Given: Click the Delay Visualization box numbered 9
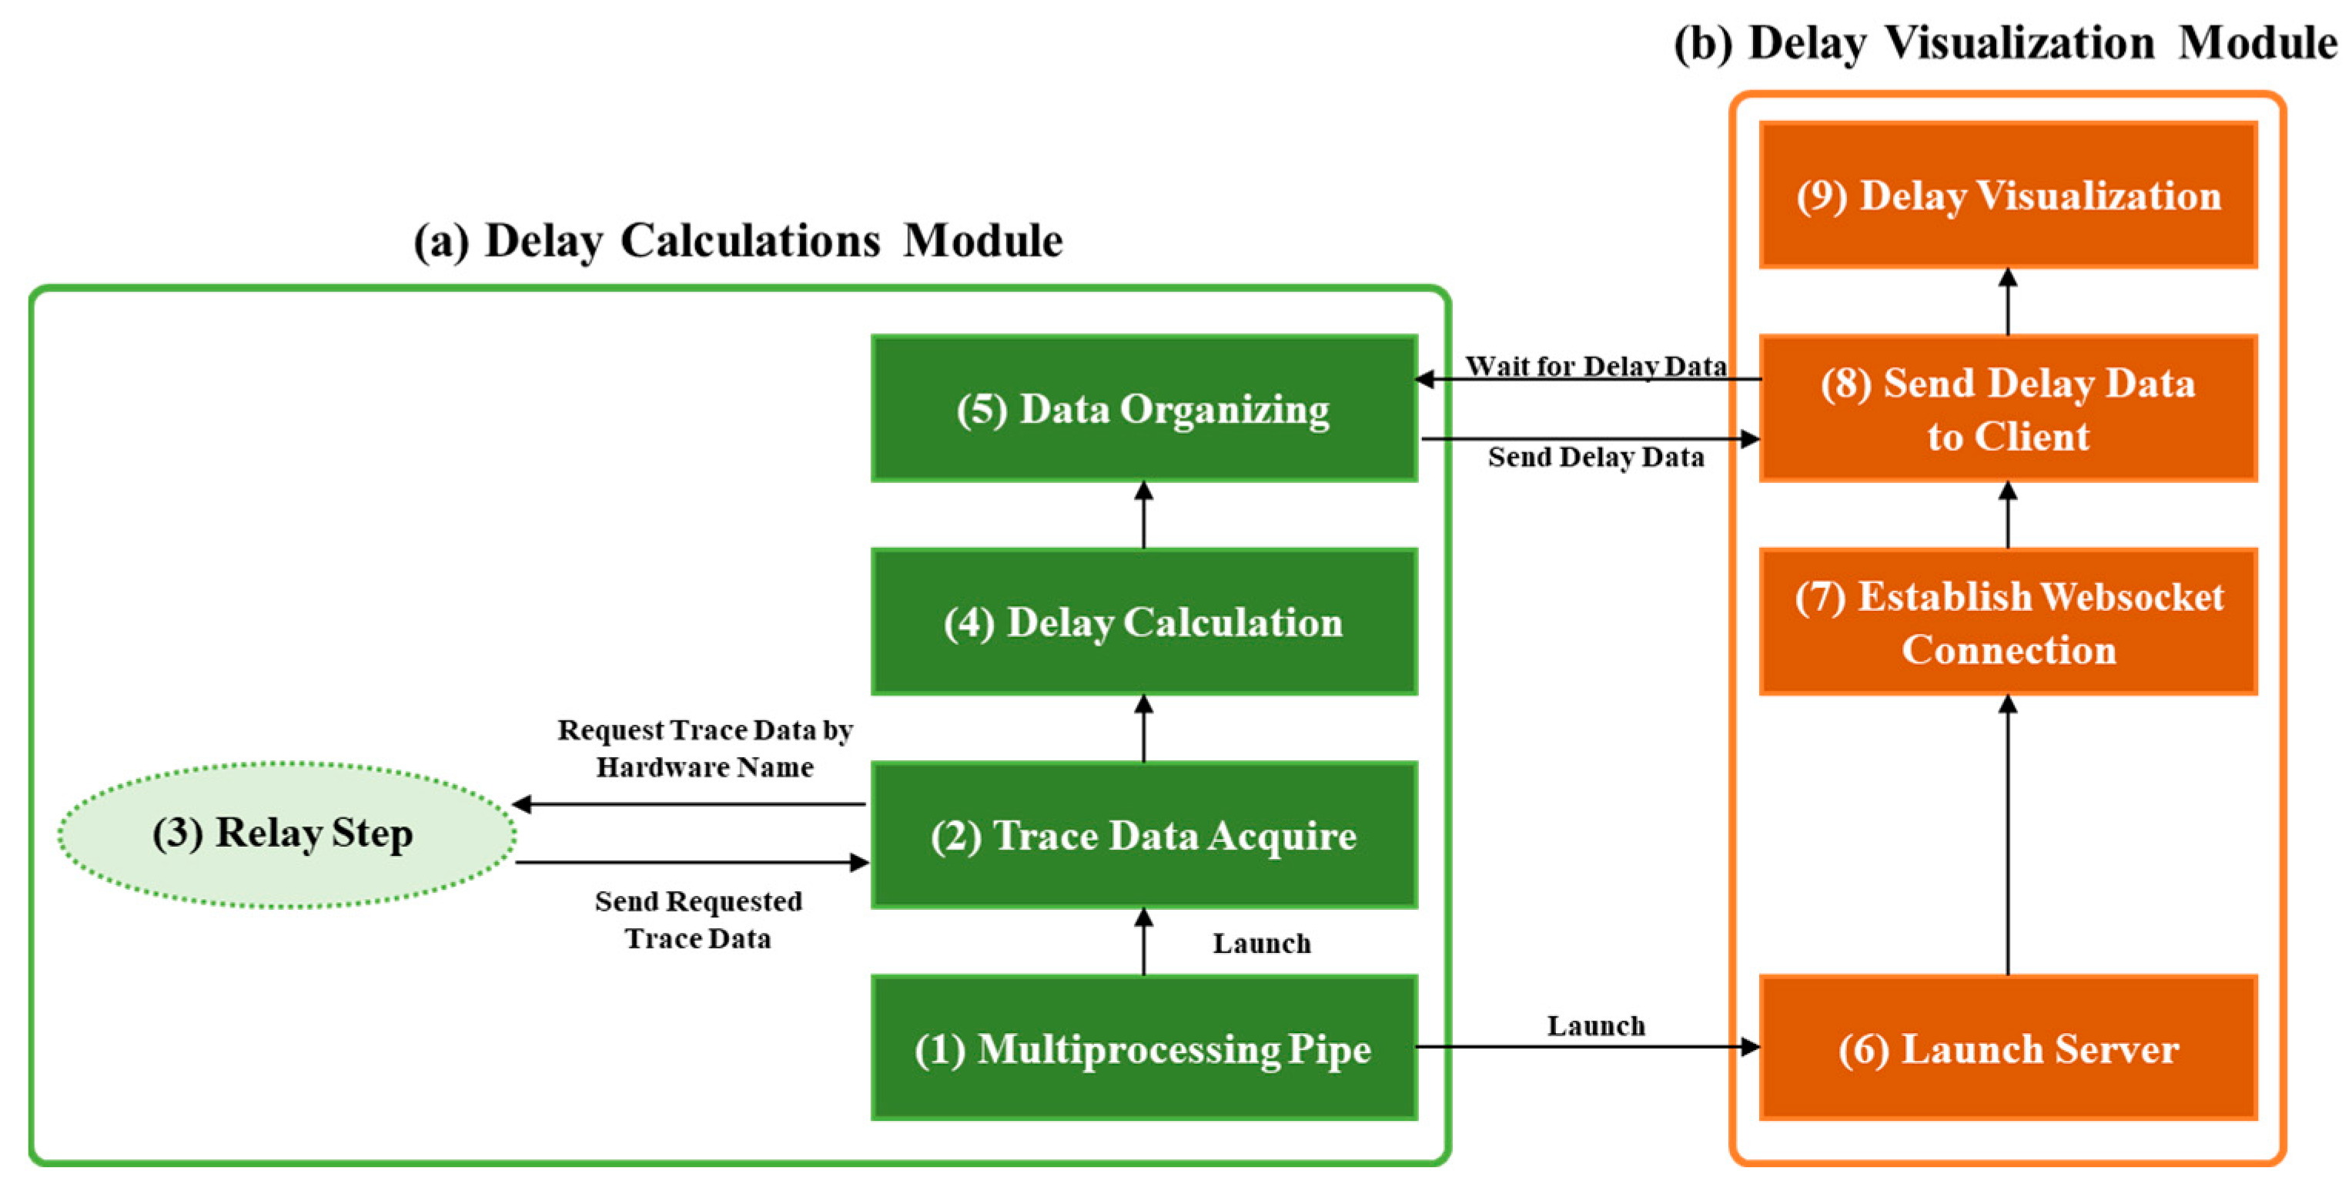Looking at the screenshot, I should [x=2007, y=195].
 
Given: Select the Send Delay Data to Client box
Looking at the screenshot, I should [x=2007, y=408].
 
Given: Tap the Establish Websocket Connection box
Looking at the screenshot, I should [x=2007, y=622].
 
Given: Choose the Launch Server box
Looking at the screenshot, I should [x=2007, y=1048].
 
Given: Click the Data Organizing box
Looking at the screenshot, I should [x=1143, y=408].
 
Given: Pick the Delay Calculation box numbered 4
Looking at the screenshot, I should [x=1143, y=622].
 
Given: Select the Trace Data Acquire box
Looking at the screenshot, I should [x=1143, y=835].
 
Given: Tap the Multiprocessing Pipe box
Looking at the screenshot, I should [x=1143, y=1048].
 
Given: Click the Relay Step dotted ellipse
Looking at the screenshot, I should [x=285, y=834].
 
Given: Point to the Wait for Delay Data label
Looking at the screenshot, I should [x=1595, y=365].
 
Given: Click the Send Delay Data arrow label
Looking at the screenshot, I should [x=1595, y=457].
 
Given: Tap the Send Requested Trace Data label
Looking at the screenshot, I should [x=698, y=919].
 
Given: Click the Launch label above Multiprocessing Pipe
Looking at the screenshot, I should [x=1261, y=943].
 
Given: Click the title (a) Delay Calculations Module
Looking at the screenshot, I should [x=738, y=241].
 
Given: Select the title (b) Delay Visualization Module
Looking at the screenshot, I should [x=2004, y=43].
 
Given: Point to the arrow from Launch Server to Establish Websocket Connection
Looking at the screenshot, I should [x=2007, y=836].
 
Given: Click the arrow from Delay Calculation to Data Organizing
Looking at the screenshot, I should [x=1143, y=516].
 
